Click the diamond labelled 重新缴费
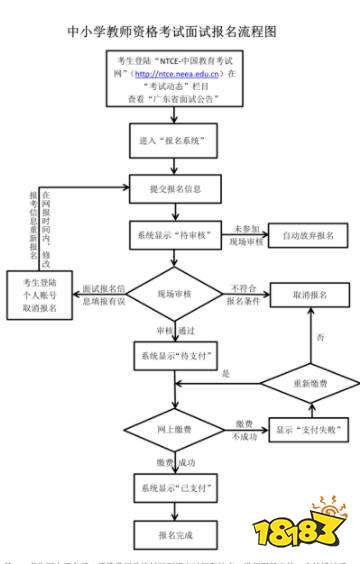[x=309, y=384]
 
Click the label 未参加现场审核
[x=247, y=236]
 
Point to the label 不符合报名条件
[x=244, y=295]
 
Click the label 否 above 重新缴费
[x=320, y=338]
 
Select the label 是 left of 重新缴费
[x=226, y=373]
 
